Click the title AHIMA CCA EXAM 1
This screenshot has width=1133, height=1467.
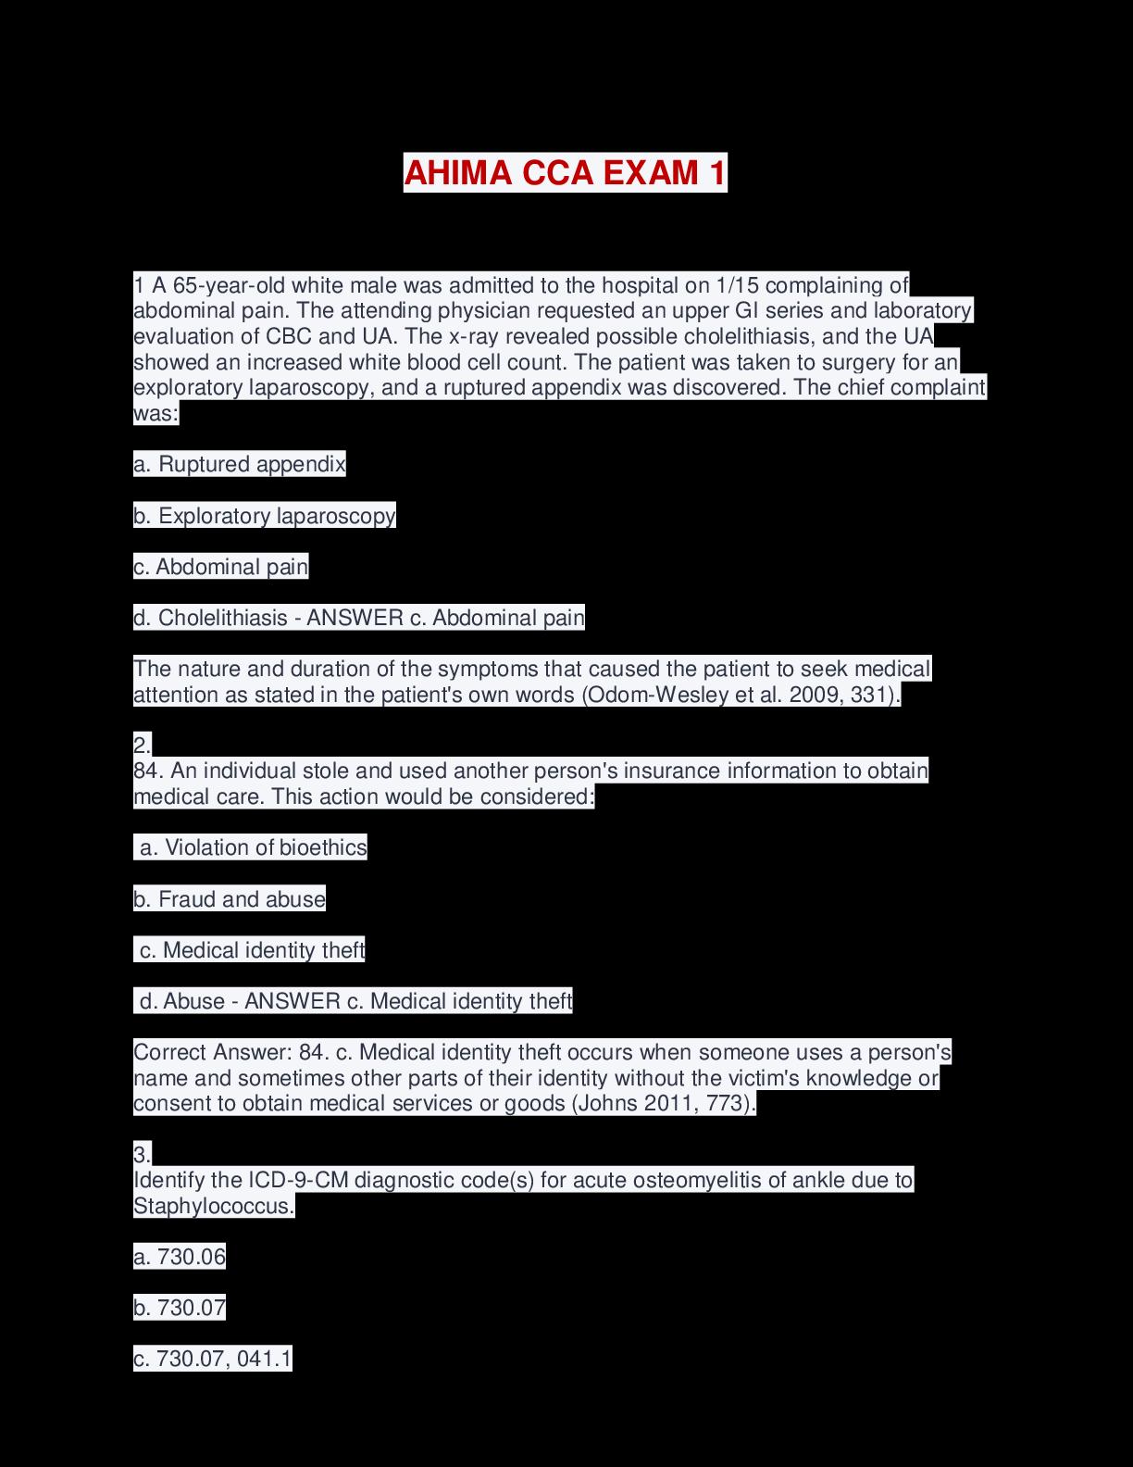[x=565, y=173]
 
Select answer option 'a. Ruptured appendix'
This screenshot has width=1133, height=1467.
[x=240, y=464]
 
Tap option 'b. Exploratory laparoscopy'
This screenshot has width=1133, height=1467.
[x=265, y=516]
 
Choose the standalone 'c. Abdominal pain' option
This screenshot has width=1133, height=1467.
[x=221, y=567]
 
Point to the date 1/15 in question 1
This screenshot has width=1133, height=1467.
[x=737, y=284]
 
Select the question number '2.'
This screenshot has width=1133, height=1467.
[x=142, y=745]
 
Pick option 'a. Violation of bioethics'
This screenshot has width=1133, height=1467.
[x=253, y=847]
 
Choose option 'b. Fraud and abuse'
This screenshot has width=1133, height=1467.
[x=230, y=899]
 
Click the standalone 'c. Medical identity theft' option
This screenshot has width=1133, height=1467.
[x=252, y=950]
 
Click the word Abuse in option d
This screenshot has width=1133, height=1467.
[x=193, y=1001]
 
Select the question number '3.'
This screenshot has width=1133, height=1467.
[x=142, y=1155]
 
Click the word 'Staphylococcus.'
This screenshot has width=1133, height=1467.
[x=214, y=1206]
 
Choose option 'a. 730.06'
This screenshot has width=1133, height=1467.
[x=180, y=1257]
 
